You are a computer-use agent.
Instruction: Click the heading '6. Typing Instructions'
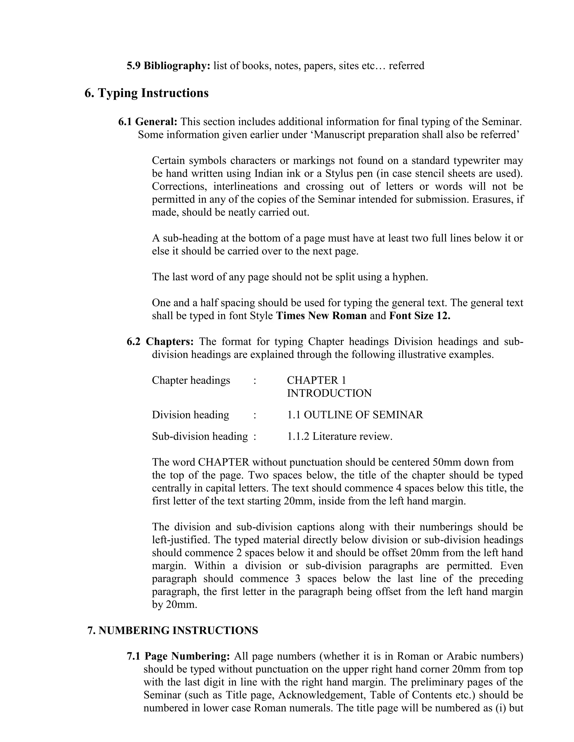[x=147, y=93]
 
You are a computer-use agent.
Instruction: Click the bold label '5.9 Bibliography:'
[x=168, y=66]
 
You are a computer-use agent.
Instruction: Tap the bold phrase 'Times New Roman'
[x=321, y=316]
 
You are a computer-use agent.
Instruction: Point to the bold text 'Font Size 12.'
[x=419, y=316]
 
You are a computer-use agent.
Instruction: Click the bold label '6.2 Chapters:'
[x=160, y=341]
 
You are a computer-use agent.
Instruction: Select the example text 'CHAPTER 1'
[x=316, y=380]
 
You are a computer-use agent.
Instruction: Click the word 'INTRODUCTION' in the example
[x=329, y=393]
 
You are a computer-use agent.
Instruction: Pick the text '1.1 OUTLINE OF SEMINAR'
[x=355, y=415]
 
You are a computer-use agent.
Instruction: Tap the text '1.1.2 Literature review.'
[x=340, y=436]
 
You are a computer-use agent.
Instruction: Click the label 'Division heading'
[x=190, y=415]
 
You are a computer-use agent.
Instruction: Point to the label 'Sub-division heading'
[x=200, y=436]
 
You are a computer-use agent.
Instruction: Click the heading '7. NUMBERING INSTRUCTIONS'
[x=173, y=631]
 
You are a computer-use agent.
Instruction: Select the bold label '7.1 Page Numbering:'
[x=179, y=656]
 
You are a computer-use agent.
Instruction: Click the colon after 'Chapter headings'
[x=254, y=381]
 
